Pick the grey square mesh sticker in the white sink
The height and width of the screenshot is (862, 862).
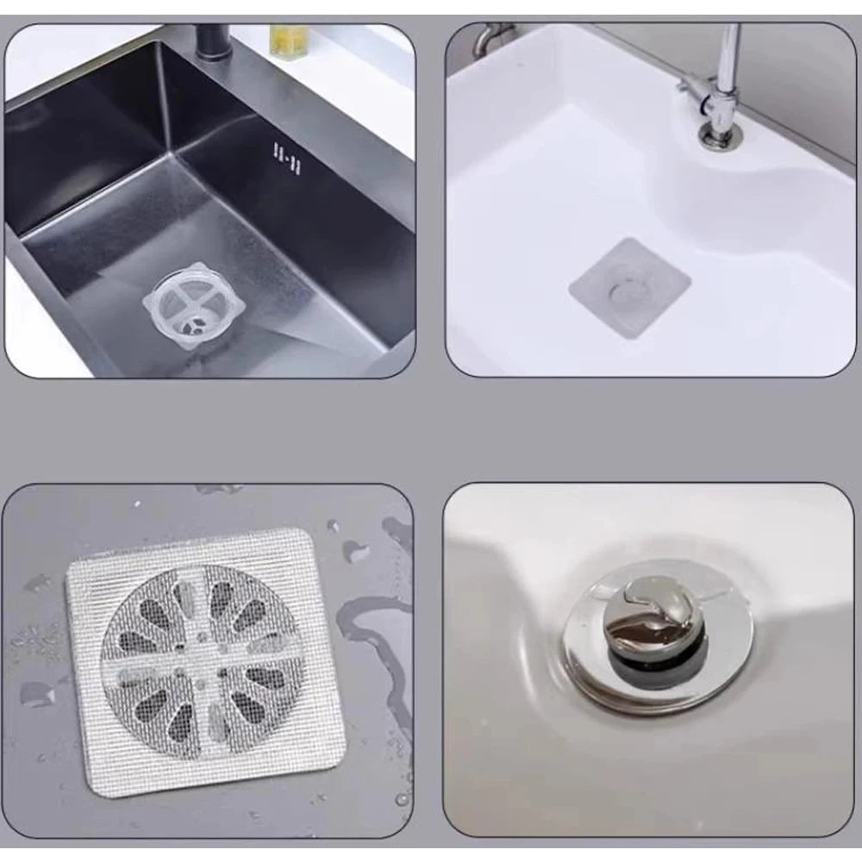[630, 287]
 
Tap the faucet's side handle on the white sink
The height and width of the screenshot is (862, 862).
[695, 91]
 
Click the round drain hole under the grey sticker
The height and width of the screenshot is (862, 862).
[627, 290]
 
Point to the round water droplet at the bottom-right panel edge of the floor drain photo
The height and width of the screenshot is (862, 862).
[403, 797]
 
